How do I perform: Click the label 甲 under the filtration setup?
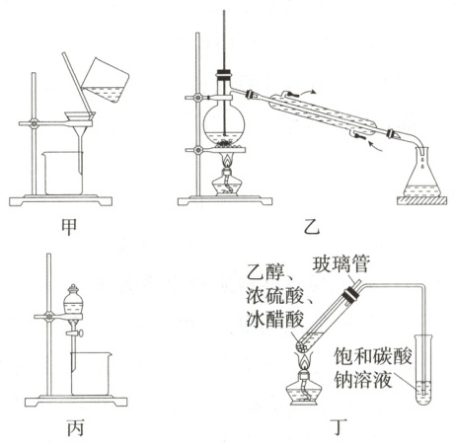[x=69, y=227]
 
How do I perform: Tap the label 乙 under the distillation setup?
[x=311, y=227]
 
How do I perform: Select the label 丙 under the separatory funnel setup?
[x=75, y=428]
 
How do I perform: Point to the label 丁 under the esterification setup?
[x=340, y=427]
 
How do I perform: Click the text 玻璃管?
[x=341, y=263]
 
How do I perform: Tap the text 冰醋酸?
[x=274, y=319]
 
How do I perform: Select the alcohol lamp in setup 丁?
[x=304, y=386]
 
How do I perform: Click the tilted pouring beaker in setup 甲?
[x=106, y=80]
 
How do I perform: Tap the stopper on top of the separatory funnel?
[x=73, y=289]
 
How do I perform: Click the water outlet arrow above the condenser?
[x=308, y=92]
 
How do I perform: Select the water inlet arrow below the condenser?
[x=376, y=147]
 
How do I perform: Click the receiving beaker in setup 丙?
[x=91, y=374]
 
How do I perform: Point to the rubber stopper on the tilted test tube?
[x=350, y=294]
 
